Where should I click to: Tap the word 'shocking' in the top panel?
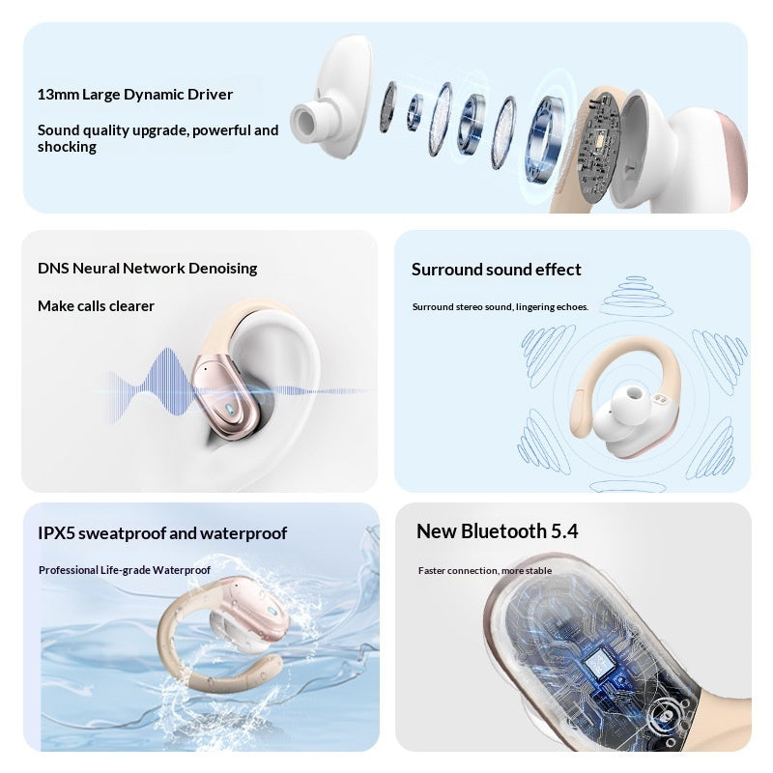click(x=67, y=147)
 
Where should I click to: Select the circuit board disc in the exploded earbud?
click(x=597, y=147)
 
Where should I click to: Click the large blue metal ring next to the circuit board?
click(x=544, y=139)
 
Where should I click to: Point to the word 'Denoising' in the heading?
click(x=223, y=269)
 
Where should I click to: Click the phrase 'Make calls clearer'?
click(x=96, y=306)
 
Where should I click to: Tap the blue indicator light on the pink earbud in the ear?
click(x=230, y=409)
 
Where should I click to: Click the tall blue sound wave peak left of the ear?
click(x=168, y=381)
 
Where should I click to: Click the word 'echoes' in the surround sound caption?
click(x=572, y=307)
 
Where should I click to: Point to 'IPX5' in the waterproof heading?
click(x=56, y=533)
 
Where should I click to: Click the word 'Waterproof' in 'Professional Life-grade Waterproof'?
click(x=182, y=570)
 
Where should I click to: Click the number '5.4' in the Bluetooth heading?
click(x=564, y=531)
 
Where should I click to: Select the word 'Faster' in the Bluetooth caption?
click(x=431, y=571)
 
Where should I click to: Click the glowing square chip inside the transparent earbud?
click(x=598, y=663)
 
